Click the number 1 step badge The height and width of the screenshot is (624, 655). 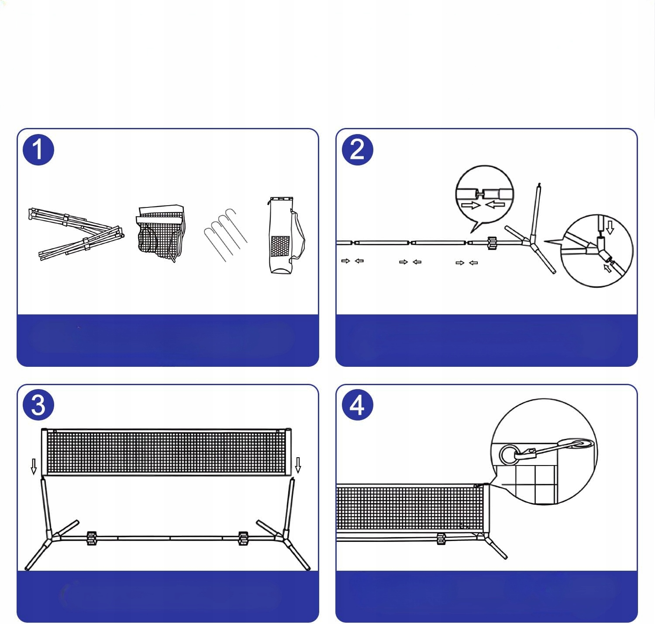(x=38, y=150)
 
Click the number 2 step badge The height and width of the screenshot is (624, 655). (x=358, y=150)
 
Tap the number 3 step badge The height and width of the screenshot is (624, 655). (x=38, y=405)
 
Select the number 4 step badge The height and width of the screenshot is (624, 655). (x=358, y=405)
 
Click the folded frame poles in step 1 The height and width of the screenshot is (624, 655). (x=76, y=234)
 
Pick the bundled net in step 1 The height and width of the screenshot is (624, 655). (x=161, y=233)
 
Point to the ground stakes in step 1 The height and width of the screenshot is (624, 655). (x=226, y=235)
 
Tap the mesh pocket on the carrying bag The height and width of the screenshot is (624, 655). (x=280, y=246)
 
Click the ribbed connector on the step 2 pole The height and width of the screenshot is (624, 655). (x=492, y=243)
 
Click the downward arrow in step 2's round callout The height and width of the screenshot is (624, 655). (x=610, y=228)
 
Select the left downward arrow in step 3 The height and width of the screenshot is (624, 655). (x=34, y=466)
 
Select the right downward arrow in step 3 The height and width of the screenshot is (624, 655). (x=298, y=465)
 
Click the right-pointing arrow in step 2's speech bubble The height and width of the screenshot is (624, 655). (x=471, y=205)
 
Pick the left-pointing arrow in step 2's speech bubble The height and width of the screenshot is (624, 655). (x=495, y=204)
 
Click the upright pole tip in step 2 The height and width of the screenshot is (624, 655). (x=539, y=184)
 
